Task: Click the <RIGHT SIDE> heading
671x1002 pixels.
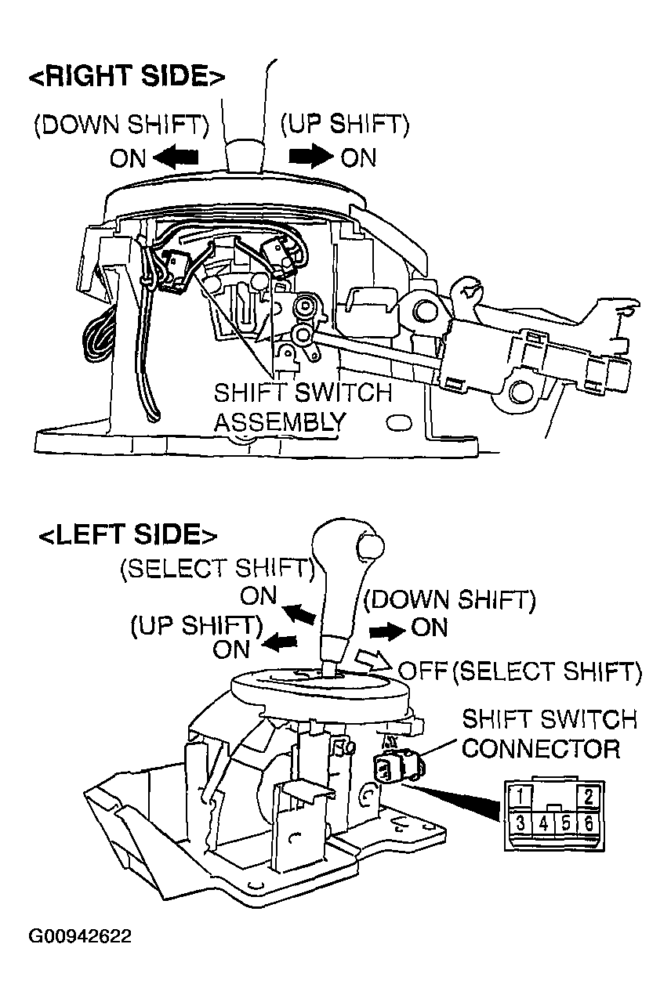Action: [x=127, y=75]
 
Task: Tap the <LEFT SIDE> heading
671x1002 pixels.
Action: [x=128, y=534]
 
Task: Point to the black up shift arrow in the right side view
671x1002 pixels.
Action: [x=311, y=157]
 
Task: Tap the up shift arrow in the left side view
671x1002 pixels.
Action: [x=280, y=643]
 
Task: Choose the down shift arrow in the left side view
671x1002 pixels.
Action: [x=387, y=631]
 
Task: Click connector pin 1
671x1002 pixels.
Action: [x=520, y=796]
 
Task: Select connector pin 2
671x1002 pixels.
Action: [x=589, y=796]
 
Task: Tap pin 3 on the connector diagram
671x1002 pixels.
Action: [x=520, y=822]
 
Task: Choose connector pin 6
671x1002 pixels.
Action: [x=589, y=822]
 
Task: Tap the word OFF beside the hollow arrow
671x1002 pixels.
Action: [x=423, y=670]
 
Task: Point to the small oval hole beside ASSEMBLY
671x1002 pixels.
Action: [x=400, y=422]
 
